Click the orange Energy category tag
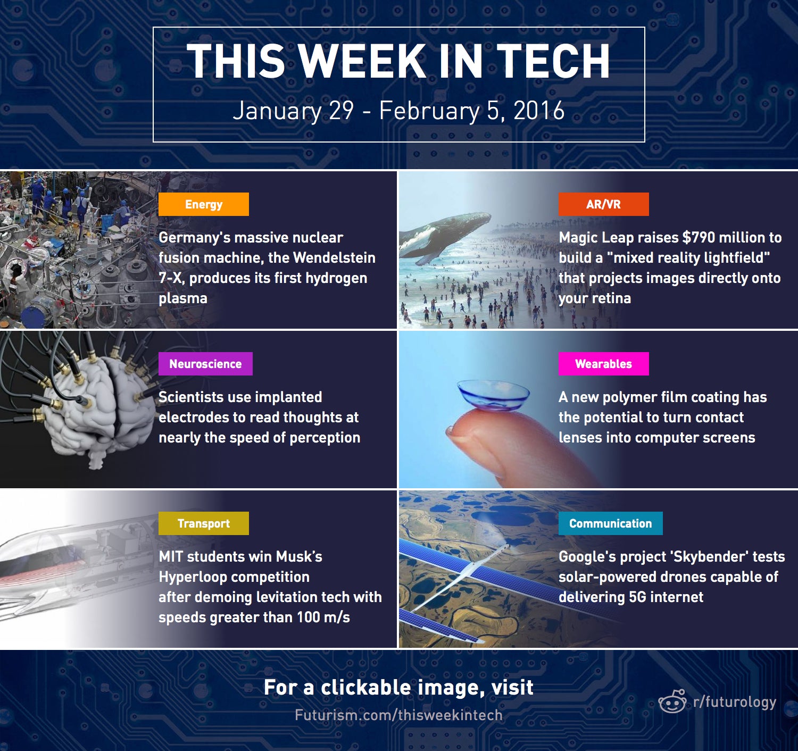click(x=204, y=204)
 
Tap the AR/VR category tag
click(x=603, y=204)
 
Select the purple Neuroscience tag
click(x=205, y=364)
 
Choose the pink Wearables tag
click(x=603, y=364)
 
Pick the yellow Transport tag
click(x=204, y=523)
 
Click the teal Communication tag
click(x=610, y=523)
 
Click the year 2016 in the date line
click(x=539, y=111)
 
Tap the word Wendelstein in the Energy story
click(x=334, y=257)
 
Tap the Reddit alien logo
click(x=672, y=701)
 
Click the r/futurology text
click(x=735, y=702)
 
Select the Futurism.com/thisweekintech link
click(x=398, y=715)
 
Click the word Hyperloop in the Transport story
click(x=234, y=577)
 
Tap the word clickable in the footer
click(x=365, y=687)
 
